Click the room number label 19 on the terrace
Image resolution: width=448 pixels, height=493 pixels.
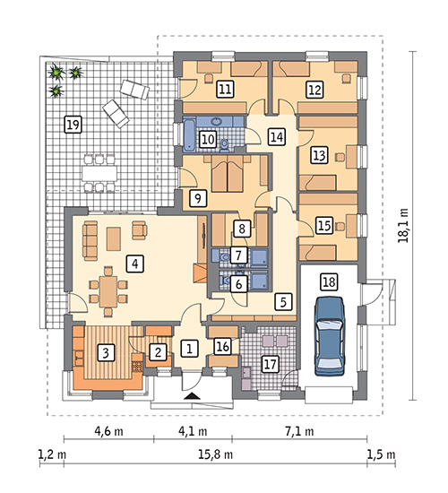[x=73, y=125]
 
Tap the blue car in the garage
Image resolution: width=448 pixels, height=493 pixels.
[x=330, y=336]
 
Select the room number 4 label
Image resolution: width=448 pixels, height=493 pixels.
[x=135, y=264]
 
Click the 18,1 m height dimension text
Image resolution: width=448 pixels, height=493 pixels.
[x=403, y=225]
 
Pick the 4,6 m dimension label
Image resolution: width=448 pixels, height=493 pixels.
[x=108, y=431]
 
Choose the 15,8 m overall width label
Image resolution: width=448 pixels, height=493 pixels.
[x=216, y=454]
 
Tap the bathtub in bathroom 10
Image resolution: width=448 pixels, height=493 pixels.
[x=190, y=134]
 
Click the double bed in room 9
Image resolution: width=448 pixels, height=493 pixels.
[x=228, y=174]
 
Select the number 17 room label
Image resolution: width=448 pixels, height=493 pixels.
[x=271, y=364]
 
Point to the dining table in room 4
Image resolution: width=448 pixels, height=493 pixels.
[x=108, y=291]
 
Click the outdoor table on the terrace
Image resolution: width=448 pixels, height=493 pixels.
[x=99, y=173]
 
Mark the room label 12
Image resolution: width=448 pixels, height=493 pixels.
[x=314, y=90]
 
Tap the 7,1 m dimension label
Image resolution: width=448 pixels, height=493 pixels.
[x=299, y=431]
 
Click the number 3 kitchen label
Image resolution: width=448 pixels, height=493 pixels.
[x=106, y=352]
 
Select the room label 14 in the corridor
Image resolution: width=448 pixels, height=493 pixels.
[x=277, y=137]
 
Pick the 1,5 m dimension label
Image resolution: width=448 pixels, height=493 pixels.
[x=382, y=454]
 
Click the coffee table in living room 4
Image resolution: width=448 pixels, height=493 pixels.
[x=114, y=239]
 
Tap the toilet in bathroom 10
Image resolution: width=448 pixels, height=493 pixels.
[x=225, y=145]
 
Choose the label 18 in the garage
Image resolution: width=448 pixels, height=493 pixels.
[x=329, y=281]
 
